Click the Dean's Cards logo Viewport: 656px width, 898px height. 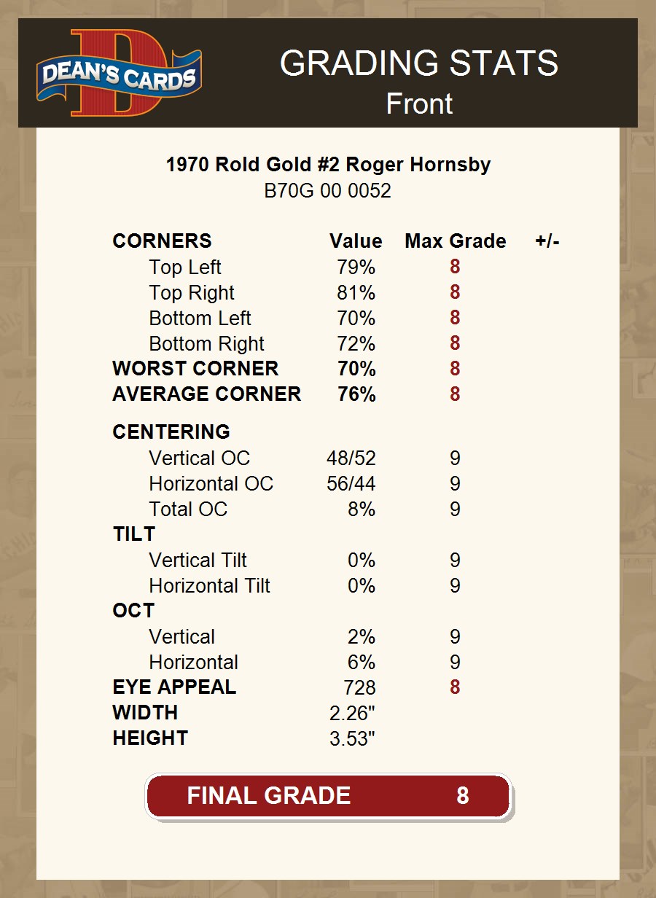tap(119, 73)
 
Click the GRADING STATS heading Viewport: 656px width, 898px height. tap(419, 63)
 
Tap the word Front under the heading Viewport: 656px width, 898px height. tap(419, 104)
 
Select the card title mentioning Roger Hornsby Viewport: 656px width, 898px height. tap(328, 165)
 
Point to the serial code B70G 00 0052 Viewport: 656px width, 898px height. tap(328, 191)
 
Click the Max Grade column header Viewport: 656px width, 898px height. tap(455, 241)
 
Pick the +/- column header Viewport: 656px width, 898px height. tap(547, 241)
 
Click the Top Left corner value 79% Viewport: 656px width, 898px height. tap(356, 268)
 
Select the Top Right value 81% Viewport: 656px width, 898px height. tap(356, 293)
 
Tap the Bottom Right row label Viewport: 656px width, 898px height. tap(206, 344)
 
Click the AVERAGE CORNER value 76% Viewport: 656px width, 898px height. tap(356, 394)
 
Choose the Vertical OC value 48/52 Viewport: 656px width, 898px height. tap(351, 458)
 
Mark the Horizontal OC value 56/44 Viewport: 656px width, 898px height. tap(351, 484)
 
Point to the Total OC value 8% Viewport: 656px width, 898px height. tap(362, 509)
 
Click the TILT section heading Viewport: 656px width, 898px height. tap(134, 534)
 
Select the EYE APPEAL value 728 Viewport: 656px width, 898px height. tap(359, 687)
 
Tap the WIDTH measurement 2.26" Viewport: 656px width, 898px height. tap(352, 713)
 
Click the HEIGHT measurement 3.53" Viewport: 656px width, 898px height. tap(352, 738)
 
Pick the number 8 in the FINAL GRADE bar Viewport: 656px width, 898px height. tap(462, 795)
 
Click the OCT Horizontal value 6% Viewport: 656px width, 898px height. tap(362, 663)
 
